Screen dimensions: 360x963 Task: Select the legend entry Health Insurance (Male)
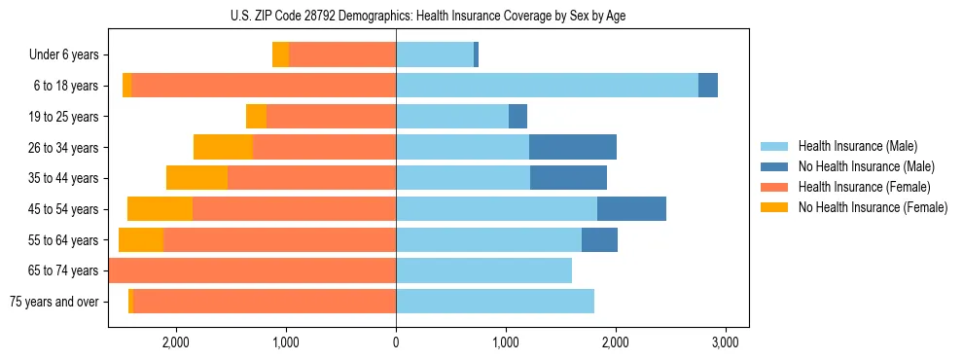pos(857,146)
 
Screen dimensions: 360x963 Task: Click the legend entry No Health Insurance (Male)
pos(865,166)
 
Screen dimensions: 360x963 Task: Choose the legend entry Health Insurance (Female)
pos(864,187)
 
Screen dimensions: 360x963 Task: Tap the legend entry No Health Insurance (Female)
pos(872,207)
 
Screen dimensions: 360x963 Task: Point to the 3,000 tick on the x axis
pos(724,342)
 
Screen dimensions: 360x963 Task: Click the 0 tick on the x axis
pos(396,342)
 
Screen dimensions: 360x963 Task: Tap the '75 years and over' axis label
pos(54,302)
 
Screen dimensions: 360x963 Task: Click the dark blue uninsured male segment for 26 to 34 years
pos(573,147)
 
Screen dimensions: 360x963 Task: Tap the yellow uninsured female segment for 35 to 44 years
pos(196,178)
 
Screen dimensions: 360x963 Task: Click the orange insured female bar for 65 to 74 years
pos(253,270)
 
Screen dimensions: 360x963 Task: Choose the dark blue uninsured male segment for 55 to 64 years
pos(599,239)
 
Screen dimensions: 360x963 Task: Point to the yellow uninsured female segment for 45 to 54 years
pos(160,208)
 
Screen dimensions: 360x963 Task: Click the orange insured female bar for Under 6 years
pos(342,54)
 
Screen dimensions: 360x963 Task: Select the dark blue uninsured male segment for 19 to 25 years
pos(517,117)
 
